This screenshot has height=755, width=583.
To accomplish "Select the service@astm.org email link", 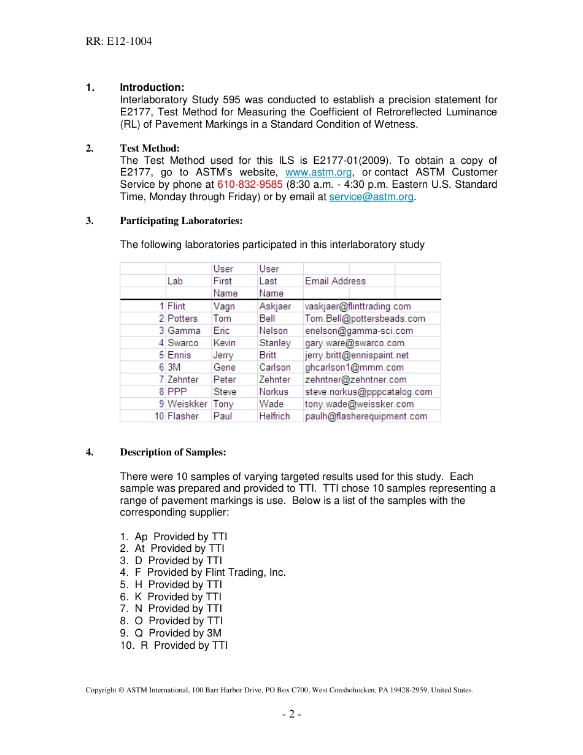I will click(371, 197).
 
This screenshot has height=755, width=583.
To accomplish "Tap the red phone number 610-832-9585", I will click(250, 185).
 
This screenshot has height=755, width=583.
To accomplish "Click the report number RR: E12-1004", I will click(119, 42).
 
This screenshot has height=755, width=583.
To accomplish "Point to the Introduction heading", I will click(152, 88).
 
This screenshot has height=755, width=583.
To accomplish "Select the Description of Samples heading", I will click(173, 452).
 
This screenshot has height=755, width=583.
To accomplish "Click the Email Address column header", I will click(335, 281).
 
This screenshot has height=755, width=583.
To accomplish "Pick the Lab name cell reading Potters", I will click(182, 319).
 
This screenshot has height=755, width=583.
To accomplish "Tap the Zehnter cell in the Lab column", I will click(183, 379).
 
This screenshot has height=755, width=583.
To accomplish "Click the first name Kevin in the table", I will click(224, 343).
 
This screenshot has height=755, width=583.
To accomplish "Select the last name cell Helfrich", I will click(274, 416).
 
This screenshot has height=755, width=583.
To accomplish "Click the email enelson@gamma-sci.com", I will click(358, 331).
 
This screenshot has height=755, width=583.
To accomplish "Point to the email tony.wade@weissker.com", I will click(359, 404).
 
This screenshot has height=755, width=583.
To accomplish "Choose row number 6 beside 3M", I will click(161, 367).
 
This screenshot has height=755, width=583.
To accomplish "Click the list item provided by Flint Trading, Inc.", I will click(203, 573).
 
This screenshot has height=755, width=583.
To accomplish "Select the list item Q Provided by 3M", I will click(171, 633).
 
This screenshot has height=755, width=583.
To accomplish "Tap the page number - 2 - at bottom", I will click(291, 714).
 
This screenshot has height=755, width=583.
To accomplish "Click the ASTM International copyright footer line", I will click(279, 690).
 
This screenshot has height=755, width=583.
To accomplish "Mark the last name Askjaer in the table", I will click(275, 306).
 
